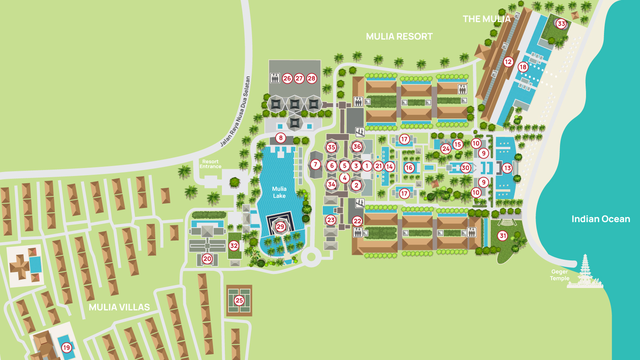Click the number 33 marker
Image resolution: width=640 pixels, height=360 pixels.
[x=561, y=24]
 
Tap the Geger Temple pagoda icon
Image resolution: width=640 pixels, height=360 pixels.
[x=585, y=272]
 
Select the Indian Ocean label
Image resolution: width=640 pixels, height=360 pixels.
[x=600, y=219]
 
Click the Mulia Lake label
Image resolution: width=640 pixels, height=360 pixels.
[x=279, y=192]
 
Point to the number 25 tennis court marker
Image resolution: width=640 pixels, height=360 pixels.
[x=239, y=300]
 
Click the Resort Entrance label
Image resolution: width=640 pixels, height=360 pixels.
[x=210, y=164]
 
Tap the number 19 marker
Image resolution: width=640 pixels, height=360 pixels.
[x=67, y=347]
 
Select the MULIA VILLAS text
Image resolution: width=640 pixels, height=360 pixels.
[x=119, y=307]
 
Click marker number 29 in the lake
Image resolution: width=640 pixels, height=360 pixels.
[x=280, y=226]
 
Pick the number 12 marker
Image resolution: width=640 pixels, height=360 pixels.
[x=508, y=62]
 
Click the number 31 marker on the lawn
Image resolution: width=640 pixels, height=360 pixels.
[x=503, y=236]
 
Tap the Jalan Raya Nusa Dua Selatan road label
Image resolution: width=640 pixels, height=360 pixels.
[x=236, y=112]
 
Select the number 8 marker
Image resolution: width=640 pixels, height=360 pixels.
[x=281, y=138]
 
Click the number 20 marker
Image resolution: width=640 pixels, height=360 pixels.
[x=207, y=258]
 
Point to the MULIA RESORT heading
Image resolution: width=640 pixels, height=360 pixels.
[x=399, y=36]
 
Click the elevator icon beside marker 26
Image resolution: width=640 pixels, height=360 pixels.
[x=275, y=78]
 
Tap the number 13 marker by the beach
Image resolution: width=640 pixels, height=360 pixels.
[x=507, y=168]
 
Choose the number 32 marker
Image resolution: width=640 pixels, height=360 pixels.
[x=234, y=246]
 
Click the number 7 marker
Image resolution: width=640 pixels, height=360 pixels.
[x=315, y=164]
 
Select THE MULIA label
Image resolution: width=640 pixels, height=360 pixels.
[x=486, y=19]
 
